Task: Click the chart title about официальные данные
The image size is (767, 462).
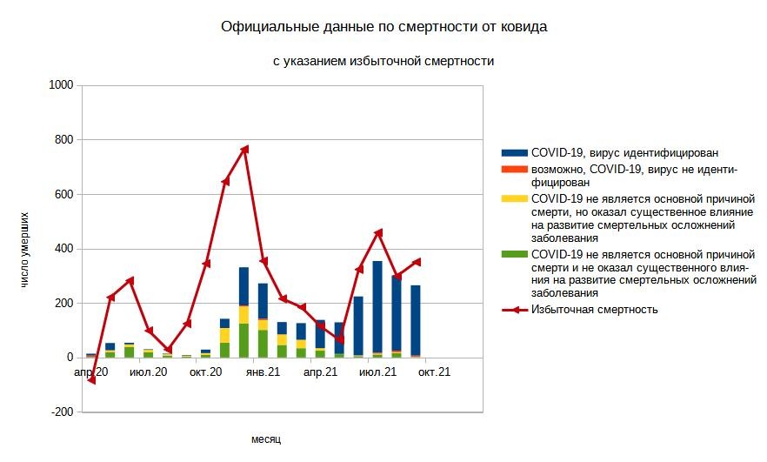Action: [383, 27]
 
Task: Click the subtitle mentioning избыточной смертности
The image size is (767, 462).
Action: [383, 62]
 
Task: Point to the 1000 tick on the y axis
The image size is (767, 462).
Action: [61, 85]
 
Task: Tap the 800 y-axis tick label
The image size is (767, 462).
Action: [63, 140]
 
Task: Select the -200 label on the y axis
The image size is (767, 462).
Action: [61, 412]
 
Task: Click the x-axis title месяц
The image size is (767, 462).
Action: [266, 439]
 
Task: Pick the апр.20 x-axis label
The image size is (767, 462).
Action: [91, 372]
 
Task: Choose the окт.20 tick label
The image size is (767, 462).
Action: [206, 372]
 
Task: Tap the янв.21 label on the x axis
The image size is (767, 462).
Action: [263, 372]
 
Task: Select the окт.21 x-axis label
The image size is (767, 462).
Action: [434, 372]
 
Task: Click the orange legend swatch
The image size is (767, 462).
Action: [515, 169]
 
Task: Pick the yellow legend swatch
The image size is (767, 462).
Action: [515, 198]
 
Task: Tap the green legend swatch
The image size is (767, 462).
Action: [515, 254]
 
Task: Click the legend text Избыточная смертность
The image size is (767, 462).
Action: [594, 310]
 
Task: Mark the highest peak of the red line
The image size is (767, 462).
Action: [245, 149]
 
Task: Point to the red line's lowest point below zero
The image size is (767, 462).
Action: [91, 380]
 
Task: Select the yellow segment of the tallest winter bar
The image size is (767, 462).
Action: [244, 314]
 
